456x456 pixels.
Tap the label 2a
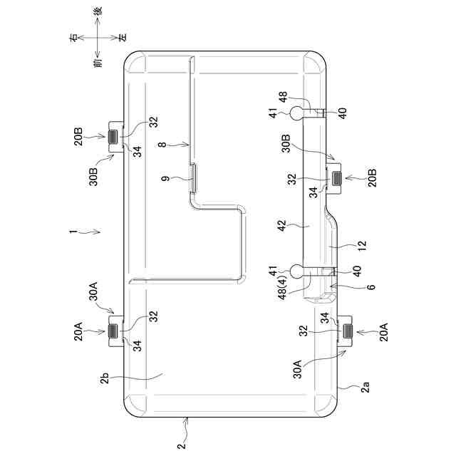point(364,389)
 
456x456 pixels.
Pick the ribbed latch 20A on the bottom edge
point(348,331)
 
